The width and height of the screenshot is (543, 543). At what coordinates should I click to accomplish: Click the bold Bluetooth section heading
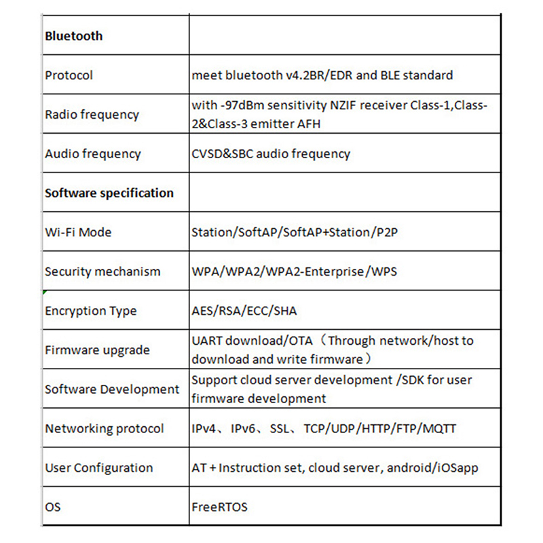(x=73, y=35)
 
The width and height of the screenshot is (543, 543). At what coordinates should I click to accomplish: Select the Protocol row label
(x=69, y=75)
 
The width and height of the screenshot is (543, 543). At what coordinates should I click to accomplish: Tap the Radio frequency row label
(x=92, y=114)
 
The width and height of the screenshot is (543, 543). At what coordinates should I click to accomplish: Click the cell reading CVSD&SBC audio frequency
(x=271, y=153)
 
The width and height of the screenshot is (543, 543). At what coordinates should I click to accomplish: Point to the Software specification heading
(x=109, y=193)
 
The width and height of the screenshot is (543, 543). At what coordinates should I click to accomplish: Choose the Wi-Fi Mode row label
(x=78, y=232)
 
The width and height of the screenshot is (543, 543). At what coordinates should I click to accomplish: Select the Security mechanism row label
(x=102, y=271)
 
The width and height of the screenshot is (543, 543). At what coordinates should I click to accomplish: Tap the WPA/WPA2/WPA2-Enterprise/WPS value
(x=294, y=271)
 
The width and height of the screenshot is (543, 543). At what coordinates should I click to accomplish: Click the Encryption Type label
(x=90, y=311)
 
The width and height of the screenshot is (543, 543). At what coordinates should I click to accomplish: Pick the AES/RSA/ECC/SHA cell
(x=244, y=311)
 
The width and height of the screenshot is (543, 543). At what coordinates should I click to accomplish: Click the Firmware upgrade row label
(x=97, y=350)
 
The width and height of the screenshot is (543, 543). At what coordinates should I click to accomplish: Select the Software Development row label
(x=112, y=390)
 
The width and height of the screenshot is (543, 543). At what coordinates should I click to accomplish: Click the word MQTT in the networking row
(x=438, y=429)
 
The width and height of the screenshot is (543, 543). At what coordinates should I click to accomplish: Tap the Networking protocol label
(x=104, y=429)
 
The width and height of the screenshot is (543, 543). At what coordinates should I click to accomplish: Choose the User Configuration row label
(x=98, y=468)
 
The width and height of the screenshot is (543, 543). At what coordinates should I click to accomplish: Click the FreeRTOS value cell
(x=219, y=507)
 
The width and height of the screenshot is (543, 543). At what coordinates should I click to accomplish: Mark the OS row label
(x=52, y=507)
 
